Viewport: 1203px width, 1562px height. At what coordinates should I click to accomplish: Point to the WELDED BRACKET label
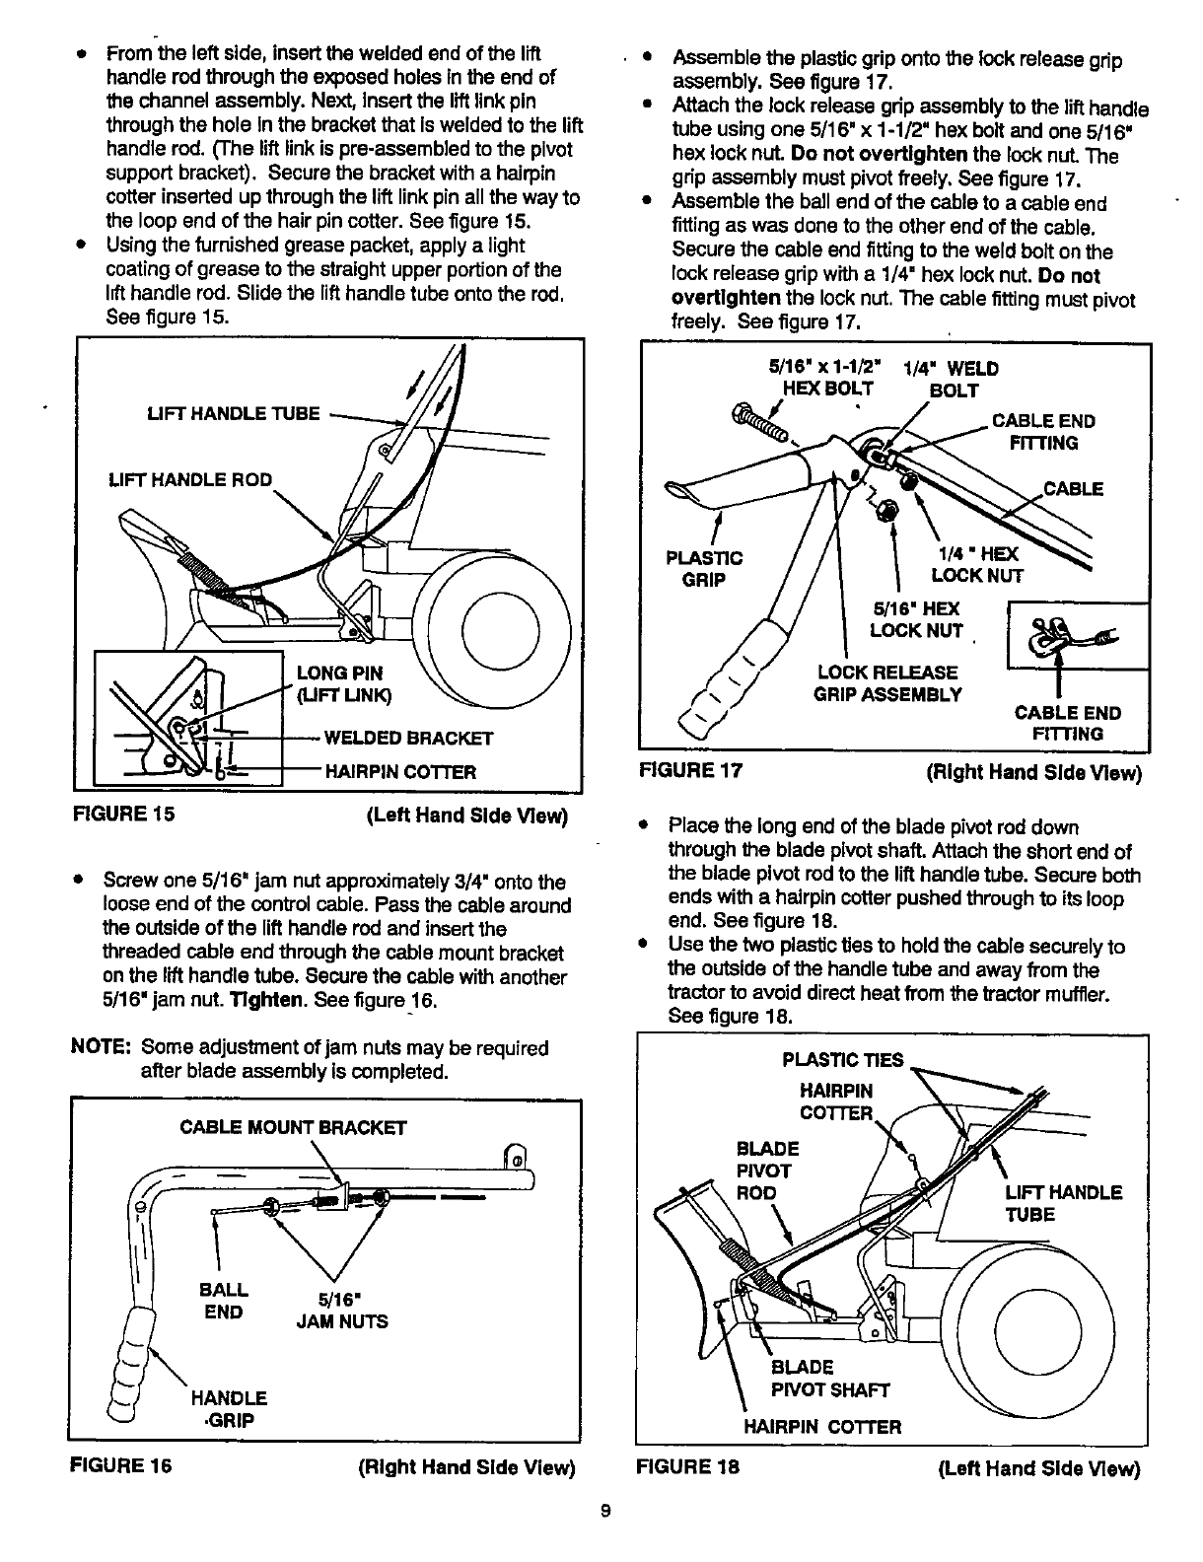(408, 738)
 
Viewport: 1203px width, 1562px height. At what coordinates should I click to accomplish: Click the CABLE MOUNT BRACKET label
(292, 1127)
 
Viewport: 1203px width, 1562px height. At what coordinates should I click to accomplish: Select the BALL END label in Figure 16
(224, 1301)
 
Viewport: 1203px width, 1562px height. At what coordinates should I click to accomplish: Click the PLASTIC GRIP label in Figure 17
(704, 569)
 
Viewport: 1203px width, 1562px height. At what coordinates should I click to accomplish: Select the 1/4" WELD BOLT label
(951, 380)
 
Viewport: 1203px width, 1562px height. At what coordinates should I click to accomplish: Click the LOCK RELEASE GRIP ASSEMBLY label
(886, 683)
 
